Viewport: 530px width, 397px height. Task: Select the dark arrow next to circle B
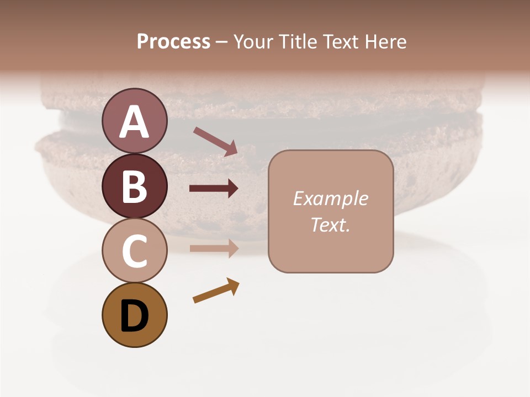coord(214,189)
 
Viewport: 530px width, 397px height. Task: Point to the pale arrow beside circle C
coord(214,248)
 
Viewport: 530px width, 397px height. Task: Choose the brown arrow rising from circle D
coord(216,291)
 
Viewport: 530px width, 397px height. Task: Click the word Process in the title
coord(173,41)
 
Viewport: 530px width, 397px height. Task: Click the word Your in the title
coord(253,41)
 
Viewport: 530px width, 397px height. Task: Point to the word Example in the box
coord(330,198)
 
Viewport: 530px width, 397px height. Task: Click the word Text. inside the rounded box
coord(330,224)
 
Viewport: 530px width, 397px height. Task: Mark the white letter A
coord(134,122)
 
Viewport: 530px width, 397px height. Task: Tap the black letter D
coord(134,316)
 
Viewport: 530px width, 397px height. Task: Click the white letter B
coord(134,186)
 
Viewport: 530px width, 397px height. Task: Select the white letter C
coord(134,251)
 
